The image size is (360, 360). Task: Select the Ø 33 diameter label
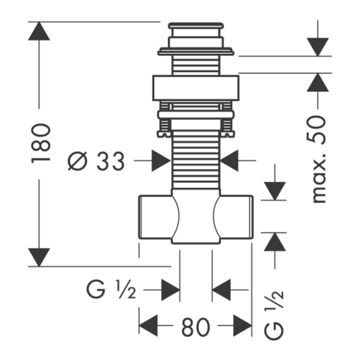[95, 161]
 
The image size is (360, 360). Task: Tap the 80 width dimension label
[195, 327]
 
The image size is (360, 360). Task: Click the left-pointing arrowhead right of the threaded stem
[229, 161]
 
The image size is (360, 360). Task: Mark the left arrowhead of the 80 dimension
[148, 327]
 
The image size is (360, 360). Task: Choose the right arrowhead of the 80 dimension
[242, 327]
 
